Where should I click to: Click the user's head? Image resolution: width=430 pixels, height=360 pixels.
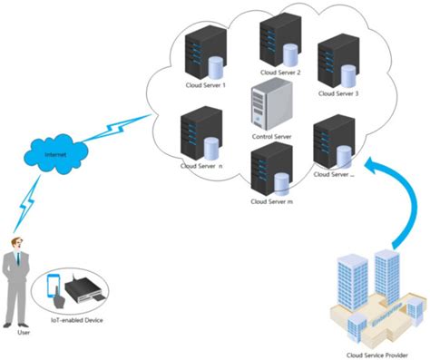pos(15,245)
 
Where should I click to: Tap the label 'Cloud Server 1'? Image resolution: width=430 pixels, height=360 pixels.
pos(205,85)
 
